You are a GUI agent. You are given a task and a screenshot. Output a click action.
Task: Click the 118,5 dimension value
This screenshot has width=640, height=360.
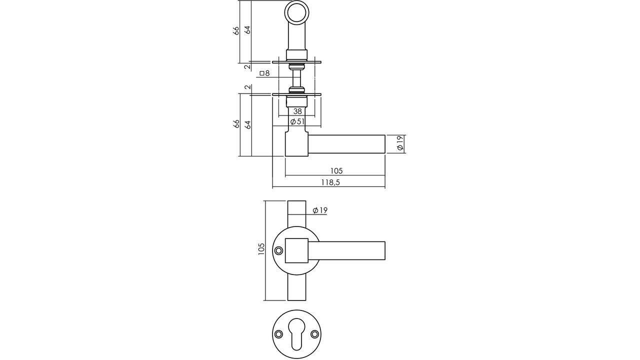(330, 182)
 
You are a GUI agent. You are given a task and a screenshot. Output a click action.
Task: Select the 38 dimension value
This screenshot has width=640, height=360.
(297, 111)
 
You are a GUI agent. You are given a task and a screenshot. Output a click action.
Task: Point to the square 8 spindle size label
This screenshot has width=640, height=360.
(264, 73)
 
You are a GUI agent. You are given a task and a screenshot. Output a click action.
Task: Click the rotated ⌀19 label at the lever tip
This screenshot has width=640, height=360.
(400, 144)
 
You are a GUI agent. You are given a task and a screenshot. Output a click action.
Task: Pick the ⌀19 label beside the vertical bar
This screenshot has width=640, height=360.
(319, 210)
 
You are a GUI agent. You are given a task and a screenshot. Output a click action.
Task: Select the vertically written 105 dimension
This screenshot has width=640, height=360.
(261, 249)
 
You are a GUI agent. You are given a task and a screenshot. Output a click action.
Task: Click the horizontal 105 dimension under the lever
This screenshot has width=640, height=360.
(336, 171)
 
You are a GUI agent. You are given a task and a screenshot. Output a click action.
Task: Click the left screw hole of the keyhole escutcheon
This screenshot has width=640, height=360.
(278, 334)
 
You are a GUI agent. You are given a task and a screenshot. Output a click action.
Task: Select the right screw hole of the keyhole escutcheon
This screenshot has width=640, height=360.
(314, 334)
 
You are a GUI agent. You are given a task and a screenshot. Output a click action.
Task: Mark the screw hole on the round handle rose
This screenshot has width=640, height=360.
(278, 251)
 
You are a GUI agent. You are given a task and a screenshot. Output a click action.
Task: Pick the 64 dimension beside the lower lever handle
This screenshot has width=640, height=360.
(247, 124)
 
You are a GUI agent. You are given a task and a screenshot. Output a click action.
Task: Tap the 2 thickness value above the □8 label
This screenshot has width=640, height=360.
(247, 66)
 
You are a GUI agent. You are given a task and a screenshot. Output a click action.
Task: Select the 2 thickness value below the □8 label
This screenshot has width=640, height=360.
(247, 87)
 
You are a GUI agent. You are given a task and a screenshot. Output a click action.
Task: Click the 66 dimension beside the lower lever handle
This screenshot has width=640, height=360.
(236, 124)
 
